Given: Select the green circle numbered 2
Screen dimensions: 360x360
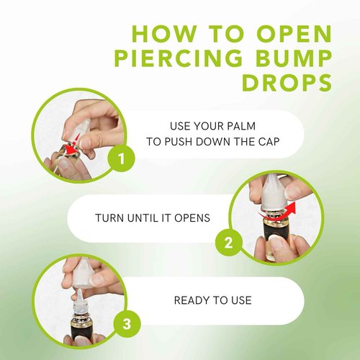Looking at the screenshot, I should click(x=228, y=242).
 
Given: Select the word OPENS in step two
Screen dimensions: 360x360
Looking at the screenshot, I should click(x=192, y=217).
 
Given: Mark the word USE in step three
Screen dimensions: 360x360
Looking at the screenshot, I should click(x=238, y=300).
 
